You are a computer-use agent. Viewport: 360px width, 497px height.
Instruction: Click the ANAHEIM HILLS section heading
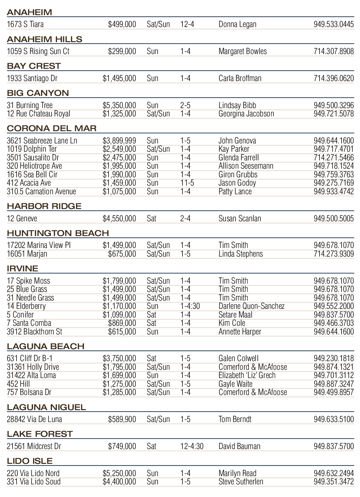tap(44, 39)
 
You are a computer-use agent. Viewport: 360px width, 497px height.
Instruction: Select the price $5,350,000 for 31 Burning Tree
tap(119, 105)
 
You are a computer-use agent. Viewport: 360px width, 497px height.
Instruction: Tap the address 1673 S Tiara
tap(25, 24)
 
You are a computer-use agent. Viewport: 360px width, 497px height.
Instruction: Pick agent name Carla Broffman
tap(240, 78)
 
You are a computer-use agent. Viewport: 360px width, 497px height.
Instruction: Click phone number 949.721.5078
tap(334, 114)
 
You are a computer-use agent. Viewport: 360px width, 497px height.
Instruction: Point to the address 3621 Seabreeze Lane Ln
tap(42, 141)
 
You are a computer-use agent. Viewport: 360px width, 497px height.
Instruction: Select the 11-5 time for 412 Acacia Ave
tap(187, 183)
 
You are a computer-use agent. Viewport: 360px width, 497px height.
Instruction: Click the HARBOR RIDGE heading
tap(44, 206)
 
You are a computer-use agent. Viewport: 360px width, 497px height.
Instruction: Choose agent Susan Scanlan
tap(240, 218)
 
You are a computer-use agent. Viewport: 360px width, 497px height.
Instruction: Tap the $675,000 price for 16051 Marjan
tap(122, 254)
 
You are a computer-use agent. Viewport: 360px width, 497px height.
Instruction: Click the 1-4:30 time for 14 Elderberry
tap(190, 306)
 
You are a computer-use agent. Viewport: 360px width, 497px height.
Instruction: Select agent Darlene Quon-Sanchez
tap(251, 306)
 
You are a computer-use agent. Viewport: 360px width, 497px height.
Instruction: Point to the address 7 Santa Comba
tap(29, 323)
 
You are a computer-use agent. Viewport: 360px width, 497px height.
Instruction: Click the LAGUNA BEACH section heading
tap(45, 346)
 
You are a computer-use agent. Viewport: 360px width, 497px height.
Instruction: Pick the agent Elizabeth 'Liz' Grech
tap(247, 376)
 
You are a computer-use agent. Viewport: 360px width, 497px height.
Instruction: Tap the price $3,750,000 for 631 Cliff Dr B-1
tap(119, 359)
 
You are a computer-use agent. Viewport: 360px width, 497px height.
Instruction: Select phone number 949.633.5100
tap(334, 419)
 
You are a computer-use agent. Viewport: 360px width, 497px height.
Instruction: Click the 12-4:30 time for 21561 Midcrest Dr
tap(192, 446)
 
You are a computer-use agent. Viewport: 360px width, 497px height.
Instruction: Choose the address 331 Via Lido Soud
tap(34, 482)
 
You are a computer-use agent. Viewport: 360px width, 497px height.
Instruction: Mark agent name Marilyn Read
tap(237, 473)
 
